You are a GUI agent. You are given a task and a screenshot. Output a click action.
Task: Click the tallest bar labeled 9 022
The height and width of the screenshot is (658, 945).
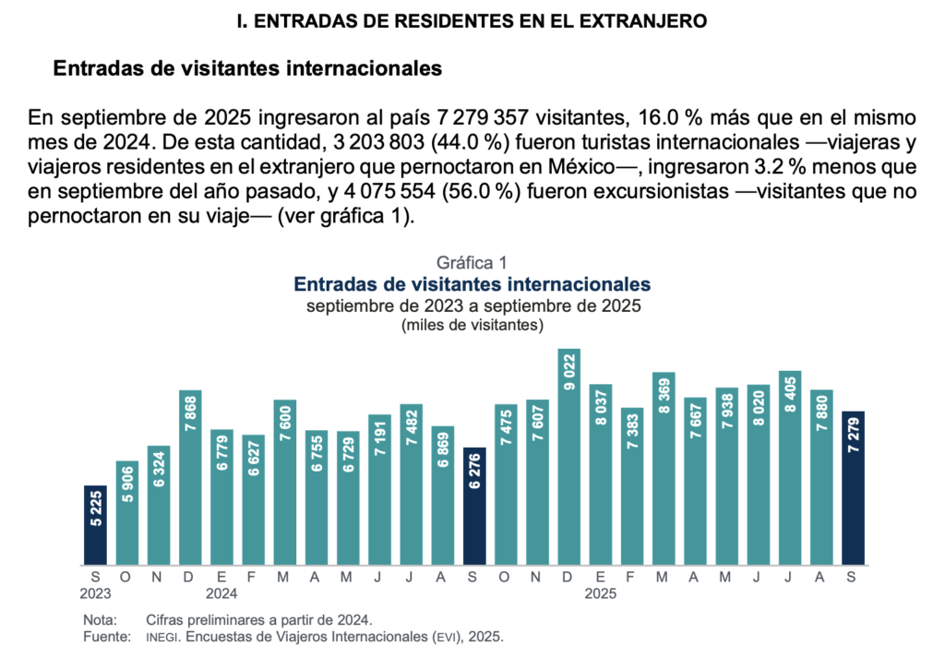pos(569,457)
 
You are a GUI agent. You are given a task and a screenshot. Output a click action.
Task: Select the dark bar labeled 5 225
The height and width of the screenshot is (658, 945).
pos(95,524)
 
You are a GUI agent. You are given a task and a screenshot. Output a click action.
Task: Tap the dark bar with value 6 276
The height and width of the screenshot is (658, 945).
pos(474,506)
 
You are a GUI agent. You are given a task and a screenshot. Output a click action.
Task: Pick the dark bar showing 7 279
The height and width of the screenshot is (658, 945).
pos(854,487)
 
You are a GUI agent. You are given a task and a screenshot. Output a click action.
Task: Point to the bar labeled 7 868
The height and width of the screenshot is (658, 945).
pos(190,476)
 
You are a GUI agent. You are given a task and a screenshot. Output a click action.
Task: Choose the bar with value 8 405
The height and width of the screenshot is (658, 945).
pos(790,467)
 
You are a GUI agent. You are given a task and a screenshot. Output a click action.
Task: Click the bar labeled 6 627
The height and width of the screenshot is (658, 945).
pos(254,499)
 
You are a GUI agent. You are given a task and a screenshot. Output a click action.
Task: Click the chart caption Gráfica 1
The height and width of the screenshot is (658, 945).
pos(472,263)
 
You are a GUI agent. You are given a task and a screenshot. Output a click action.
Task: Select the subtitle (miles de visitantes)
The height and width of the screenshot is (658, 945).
pos(472,325)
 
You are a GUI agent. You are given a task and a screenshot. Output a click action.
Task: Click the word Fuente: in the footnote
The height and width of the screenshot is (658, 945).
pos(104,637)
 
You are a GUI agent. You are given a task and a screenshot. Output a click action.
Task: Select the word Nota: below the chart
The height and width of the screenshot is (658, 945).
pos(100,619)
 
